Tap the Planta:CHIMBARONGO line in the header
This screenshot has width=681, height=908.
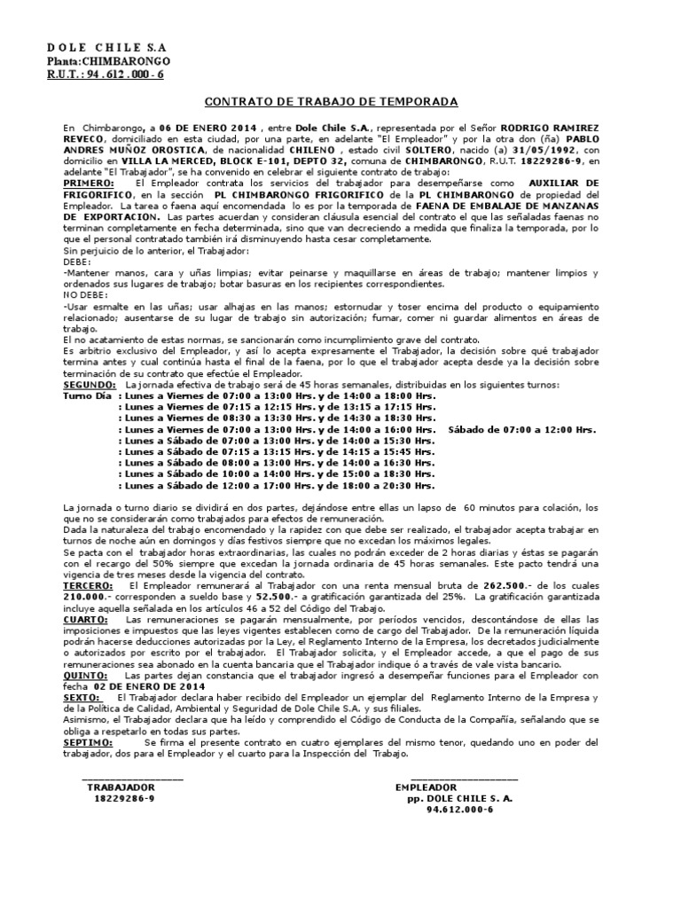point(108,60)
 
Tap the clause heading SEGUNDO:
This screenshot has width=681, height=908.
point(91,385)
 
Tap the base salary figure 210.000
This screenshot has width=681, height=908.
point(85,597)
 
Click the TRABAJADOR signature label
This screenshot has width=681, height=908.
point(121,787)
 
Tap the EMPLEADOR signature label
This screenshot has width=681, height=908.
point(426,787)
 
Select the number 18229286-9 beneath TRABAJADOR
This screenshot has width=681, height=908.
point(124,798)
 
